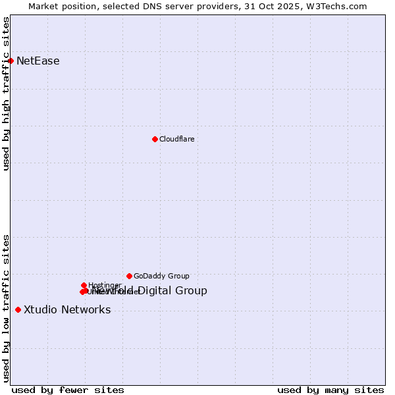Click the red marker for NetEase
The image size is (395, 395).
(x=11, y=61)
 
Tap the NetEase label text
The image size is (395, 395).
(x=38, y=61)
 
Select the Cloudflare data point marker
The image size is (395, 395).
(x=155, y=139)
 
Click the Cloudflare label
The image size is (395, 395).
(x=177, y=139)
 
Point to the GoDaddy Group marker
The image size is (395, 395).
(x=129, y=276)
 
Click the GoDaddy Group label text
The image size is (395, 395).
(x=161, y=276)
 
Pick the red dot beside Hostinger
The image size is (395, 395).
(x=84, y=285)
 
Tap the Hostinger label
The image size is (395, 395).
(x=105, y=285)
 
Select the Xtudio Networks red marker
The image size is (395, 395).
(x=18, y=309)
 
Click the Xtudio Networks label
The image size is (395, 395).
(x=67, y=310)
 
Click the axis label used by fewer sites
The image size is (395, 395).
(x=68, y=390)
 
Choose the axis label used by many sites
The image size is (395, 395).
(x=330, y=390)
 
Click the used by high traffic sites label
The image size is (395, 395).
(x=6, y=93)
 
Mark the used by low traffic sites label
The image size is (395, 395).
(x=6, y=307)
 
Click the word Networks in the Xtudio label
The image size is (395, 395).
(x=88, y=310)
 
